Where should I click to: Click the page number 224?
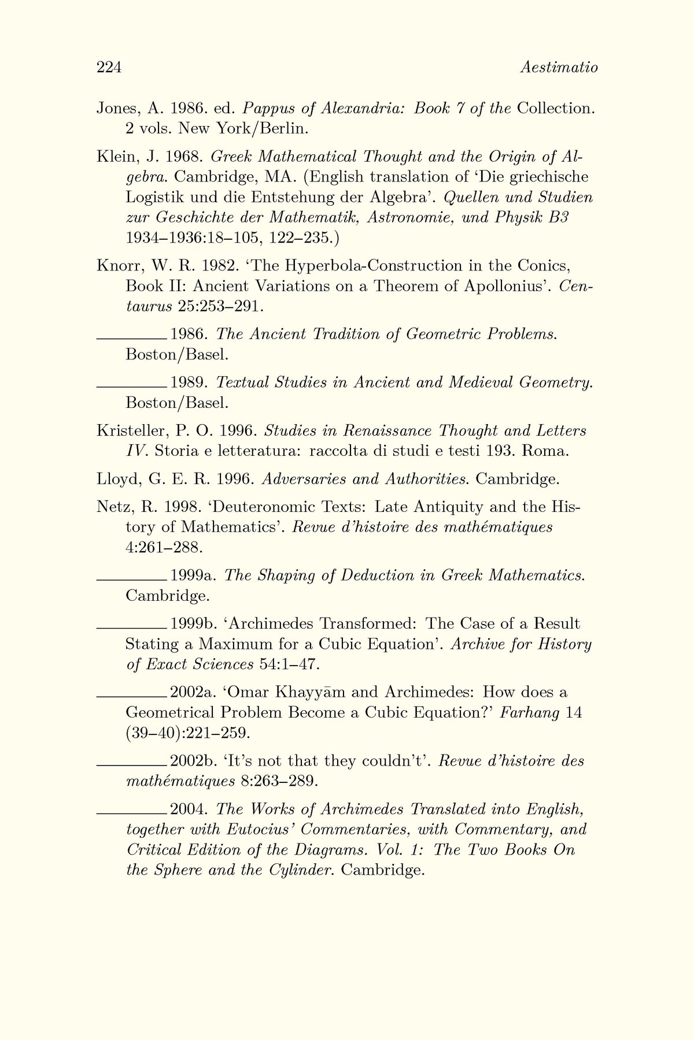pyautogui.click(x=108, y=68)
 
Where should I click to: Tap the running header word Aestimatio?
pyautogui.click(x=559, y=68)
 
